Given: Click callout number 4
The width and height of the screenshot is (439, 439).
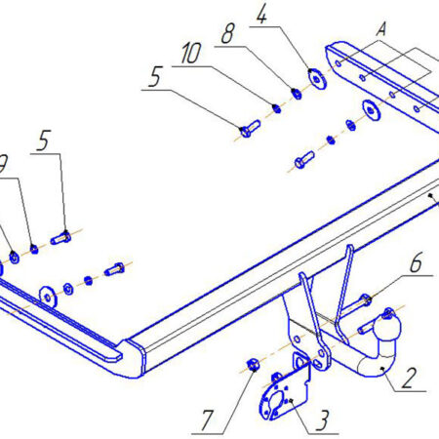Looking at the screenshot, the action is coord(262,14).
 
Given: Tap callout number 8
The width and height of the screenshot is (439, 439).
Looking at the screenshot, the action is coord(228,33).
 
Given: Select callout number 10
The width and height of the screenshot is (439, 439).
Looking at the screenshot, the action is coord(191,53).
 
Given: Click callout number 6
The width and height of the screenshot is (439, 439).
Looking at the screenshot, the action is coord(416,262).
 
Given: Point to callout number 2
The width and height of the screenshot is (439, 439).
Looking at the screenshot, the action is coord(409,378).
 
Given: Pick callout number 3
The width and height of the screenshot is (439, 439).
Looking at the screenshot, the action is coord(322,420).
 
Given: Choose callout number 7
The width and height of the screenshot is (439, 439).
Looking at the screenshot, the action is coord(207,420).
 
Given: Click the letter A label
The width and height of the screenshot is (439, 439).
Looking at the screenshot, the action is coord(381,29).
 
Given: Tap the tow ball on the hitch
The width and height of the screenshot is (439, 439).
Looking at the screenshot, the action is coord(387,326).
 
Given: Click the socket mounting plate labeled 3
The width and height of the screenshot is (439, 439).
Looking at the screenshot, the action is coord(284,391).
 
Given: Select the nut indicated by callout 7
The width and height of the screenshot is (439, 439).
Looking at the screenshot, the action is coord(253,365).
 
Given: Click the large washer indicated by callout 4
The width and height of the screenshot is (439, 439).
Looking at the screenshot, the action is coord(316,78).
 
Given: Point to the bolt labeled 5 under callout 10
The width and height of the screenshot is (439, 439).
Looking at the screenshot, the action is coord(250,129).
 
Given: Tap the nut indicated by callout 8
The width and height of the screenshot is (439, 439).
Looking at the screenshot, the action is coord(297,94).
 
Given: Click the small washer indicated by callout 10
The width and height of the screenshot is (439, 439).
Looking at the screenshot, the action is coord(276,108).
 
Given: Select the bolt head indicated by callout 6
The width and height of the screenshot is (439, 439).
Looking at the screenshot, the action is coord(366,299).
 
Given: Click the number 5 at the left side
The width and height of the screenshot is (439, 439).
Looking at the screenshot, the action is coord(44,140).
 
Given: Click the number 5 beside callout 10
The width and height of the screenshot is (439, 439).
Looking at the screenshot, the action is coord(155,76).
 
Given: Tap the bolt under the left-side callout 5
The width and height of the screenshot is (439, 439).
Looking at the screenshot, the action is coord(60,238).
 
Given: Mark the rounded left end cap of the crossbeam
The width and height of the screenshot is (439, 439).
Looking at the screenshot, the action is coord(134,358).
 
